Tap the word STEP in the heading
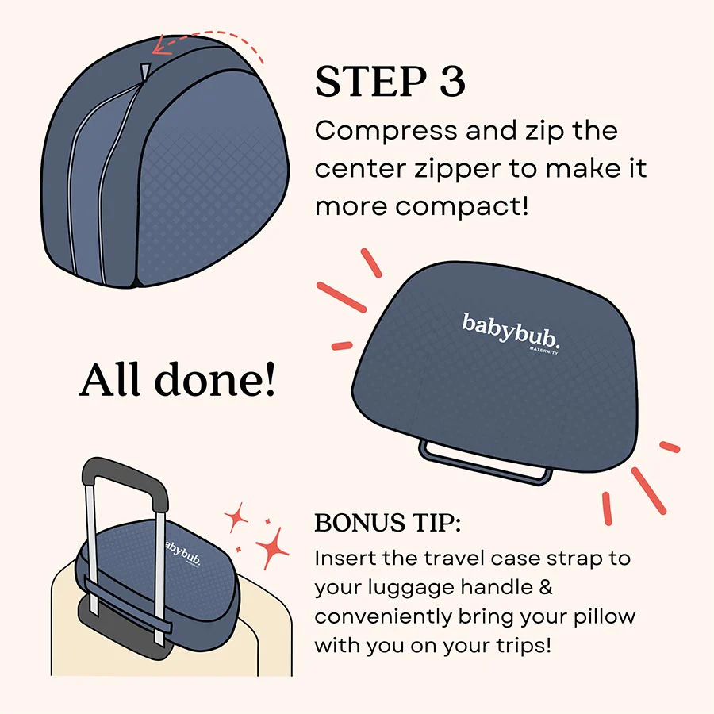(x=369, y=82)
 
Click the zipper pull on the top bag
(x=143, y=74)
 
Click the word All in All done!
(x=112, y=381)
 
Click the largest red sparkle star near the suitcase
(x=271, y=547)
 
